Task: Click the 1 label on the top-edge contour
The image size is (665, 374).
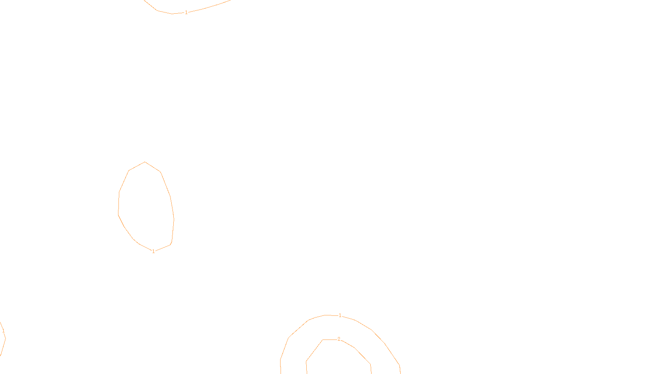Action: [x=186, y=12]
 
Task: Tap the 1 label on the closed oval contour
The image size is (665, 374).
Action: [x=153, y=251]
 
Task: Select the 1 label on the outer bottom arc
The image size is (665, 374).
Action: [x=340, y=316]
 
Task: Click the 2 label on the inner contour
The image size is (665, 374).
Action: [x=339, y=339]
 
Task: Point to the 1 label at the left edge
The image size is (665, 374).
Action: [x=3, y=331]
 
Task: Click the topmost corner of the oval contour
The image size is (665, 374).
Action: [x=145, y=162]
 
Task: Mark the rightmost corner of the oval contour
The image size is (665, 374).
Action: [x=174, y=219]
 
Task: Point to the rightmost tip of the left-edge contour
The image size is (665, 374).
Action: [x=5, y=338]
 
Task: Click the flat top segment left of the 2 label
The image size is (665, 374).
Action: [x=329, y=340]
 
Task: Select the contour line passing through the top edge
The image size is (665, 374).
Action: [x=208, y=7]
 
